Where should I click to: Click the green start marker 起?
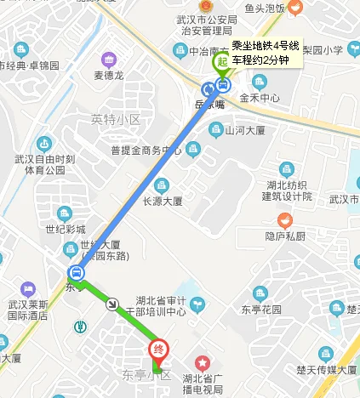click(x=222, y=61)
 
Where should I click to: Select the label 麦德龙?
click(x=109, y=75)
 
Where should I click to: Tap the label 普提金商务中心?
click(x=146, y=151)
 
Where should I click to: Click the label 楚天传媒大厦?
click(x=326, y=370)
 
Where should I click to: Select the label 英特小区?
click(x=115, y=119)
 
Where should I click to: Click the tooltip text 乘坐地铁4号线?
click(x=265, y=45)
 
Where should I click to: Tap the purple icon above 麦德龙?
click(x=109, y=60)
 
